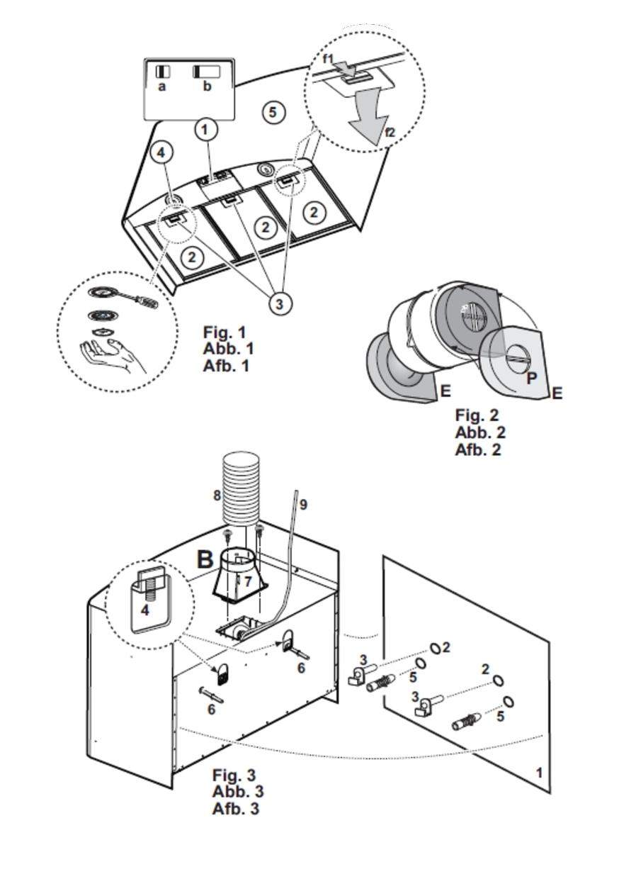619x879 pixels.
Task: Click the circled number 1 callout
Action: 205,130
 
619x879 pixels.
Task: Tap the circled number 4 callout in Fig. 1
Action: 161,152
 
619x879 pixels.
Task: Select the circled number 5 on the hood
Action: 273,112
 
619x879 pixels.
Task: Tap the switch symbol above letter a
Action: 163,72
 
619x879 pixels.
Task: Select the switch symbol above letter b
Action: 206,72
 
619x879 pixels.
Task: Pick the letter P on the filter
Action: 531,378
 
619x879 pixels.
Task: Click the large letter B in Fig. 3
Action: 205,559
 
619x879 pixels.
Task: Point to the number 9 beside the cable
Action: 303,505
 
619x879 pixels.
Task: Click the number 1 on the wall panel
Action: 539,772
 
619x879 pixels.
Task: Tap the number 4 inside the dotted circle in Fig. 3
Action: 145,609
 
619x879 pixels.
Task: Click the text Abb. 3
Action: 238,792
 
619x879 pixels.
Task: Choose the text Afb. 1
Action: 227,366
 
